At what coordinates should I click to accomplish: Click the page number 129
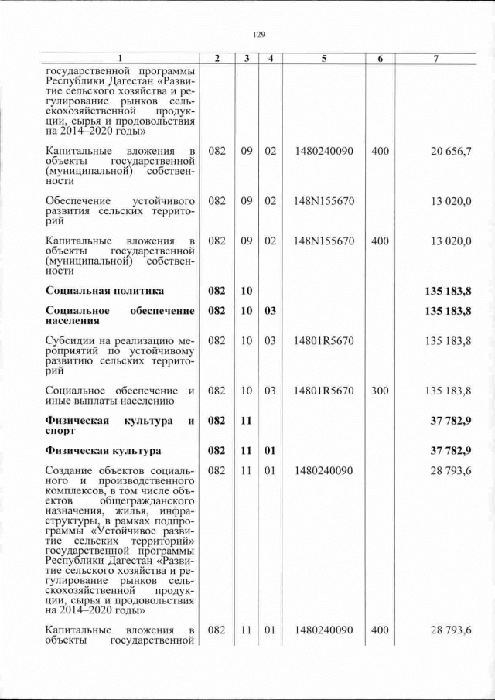pos(259,34)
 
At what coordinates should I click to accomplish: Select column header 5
pos(323,59)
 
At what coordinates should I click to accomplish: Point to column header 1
pos(120,59)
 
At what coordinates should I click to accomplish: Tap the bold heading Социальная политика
pos(104,291)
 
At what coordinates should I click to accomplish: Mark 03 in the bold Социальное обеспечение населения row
pos(270,311)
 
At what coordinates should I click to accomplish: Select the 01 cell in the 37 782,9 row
pos(270,450)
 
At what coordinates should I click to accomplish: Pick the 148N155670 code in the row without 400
pos(323,200)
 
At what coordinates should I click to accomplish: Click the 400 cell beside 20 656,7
pos(379,151)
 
